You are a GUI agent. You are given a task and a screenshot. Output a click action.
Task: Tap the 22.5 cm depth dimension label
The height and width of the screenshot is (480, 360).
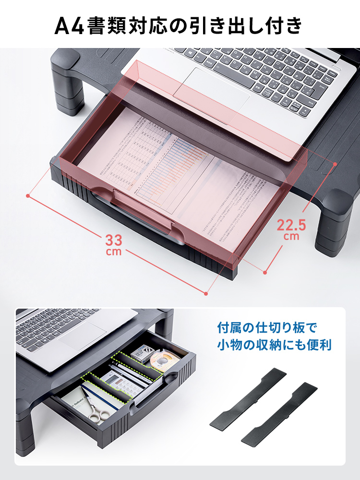point(291,228)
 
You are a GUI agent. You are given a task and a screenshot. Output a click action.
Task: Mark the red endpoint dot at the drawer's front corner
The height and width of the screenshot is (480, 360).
point(206,293)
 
